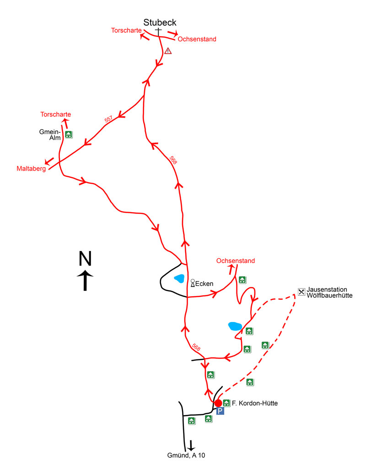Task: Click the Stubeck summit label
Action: [x=160, y=22]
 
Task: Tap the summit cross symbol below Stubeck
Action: [x=158, y=32]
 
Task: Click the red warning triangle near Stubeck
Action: [x=168, y=51]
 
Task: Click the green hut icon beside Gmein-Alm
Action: [x=69, y=134]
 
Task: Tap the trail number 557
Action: [x=108, y=120]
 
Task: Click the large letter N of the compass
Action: [x=85, y=259]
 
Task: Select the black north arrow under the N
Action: [x=85, y=280]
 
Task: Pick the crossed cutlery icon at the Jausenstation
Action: [x=301, y=291]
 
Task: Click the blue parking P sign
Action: [x=220, y=412]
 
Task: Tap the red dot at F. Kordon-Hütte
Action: [x=218, y=403]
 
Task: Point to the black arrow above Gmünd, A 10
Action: [x=191, y=444]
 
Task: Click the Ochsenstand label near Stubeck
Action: [x=197, y=39]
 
